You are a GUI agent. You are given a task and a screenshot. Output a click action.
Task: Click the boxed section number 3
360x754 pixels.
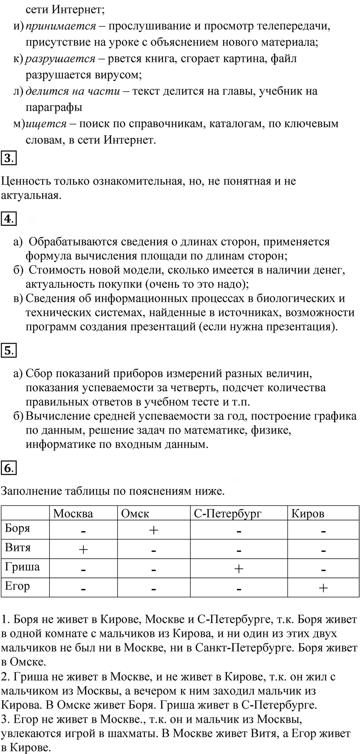click(x=8, y=159)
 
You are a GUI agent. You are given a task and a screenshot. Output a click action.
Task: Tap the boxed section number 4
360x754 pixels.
click(x=8, y=218)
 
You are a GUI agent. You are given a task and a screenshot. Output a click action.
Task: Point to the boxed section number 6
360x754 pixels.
click(x=8, y=468)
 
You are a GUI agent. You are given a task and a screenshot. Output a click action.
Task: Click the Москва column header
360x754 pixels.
click(x=73, y=513)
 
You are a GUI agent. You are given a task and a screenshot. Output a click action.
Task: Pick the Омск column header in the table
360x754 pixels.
click(x=135, y=513)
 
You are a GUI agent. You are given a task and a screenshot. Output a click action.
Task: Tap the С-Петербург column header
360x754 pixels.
click(x=228, y=513)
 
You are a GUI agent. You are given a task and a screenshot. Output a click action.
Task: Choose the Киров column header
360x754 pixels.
click(x=308, y=513)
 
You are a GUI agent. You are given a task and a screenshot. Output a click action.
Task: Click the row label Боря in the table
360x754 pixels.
click(x=18, y=528)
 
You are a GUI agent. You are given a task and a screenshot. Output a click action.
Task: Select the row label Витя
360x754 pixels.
click(x=18, y=548)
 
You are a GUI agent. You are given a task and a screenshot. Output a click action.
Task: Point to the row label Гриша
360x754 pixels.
click(x=22, y=567)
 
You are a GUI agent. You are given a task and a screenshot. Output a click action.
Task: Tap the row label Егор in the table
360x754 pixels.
click(x=17, y=586)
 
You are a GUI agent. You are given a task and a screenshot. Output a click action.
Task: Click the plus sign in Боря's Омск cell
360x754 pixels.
click(x=154, y=530)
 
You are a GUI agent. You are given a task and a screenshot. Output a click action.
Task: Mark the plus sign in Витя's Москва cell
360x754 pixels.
click(x=83, y=550)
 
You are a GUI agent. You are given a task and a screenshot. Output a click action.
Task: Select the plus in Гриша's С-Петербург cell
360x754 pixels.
click(x=238, y=569)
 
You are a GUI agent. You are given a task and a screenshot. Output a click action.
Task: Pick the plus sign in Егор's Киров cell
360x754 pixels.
click(x=323, y=588)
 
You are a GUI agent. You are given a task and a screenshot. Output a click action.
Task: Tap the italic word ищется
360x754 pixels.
click(x=46, y=124)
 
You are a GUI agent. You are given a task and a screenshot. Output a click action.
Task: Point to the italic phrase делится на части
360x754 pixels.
click(x=73, y=91)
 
